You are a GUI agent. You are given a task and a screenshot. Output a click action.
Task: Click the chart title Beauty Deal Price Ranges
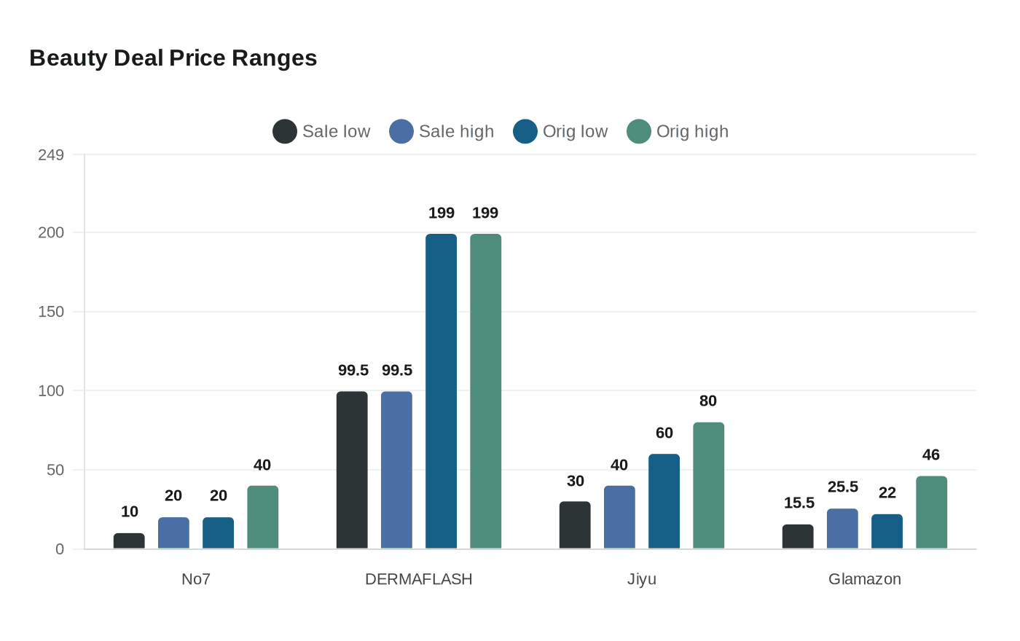pos(173,58)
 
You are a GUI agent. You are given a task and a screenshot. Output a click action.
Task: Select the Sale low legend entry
pos(321,132)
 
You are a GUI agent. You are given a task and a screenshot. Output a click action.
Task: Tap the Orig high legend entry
pos(678,132)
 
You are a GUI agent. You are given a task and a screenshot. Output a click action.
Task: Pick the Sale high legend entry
pos(442,132)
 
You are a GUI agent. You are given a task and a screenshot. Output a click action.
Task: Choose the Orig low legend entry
pos(560,132)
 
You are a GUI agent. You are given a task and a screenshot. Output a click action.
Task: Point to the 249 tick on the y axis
pos(51,154)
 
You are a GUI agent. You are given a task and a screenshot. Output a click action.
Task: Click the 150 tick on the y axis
pos(51,312)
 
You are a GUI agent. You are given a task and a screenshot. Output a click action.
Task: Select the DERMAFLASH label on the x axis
pos(419,579)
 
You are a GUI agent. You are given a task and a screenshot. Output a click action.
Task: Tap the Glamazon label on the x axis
pos(865,579)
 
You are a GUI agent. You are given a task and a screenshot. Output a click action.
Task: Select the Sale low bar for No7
pos(129,541)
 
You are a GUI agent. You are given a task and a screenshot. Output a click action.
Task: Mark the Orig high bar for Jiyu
pos(709,486)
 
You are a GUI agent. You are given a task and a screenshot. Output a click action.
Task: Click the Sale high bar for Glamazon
pos(842,529)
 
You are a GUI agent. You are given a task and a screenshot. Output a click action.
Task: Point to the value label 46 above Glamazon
pos(931,455)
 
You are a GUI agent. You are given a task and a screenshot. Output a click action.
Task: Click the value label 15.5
pos(799,503)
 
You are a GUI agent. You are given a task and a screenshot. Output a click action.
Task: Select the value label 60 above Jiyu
pos(664,433)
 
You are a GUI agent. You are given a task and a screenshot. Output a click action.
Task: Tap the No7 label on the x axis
pos(196,579)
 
